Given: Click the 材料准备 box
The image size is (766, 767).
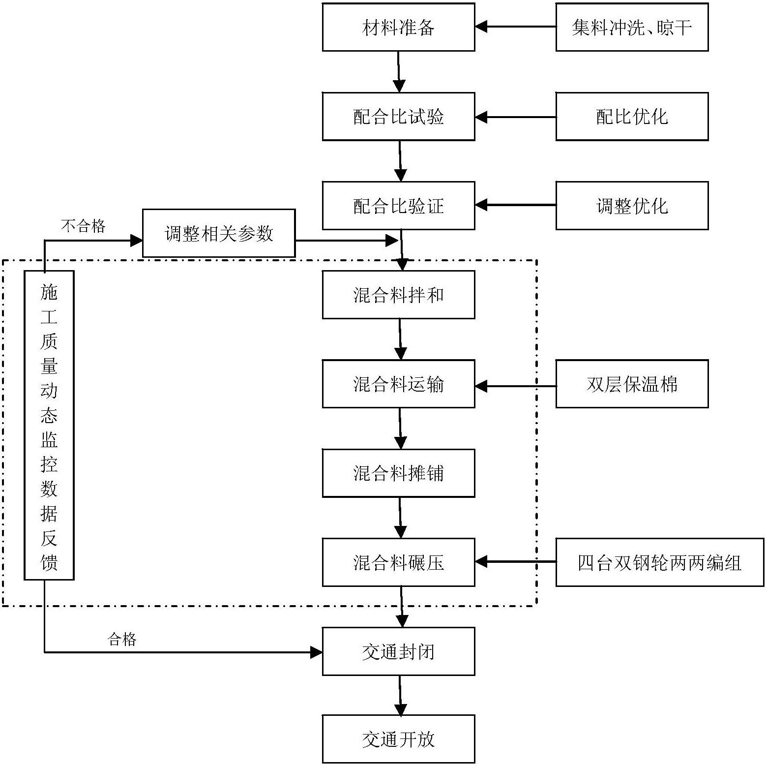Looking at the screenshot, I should point(398,27).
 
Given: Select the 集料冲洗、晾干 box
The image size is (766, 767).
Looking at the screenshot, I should point(632,27).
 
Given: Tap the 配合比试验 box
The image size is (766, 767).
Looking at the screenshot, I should point(398,117).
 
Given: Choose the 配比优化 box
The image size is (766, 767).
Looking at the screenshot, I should point(632,117).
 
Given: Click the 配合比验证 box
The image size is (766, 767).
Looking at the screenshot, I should point(398,206).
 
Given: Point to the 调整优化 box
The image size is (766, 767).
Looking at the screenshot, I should point(632,206).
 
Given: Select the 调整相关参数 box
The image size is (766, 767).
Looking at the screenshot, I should point(219,233).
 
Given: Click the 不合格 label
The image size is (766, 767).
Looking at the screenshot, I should point(83,226).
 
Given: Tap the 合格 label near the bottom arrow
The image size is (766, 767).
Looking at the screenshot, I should point(121,640).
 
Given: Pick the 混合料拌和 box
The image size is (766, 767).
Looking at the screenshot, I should point(398,295).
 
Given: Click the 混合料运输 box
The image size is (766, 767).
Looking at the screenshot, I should point(398,384).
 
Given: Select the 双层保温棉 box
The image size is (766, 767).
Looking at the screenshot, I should point(632,384).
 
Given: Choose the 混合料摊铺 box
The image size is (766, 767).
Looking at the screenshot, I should point(398,473).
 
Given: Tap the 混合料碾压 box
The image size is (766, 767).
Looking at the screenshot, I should point(398,562).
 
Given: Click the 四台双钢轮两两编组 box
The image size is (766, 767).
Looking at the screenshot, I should point(659,562).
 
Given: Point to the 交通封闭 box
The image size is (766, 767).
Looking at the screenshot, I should point(398,651).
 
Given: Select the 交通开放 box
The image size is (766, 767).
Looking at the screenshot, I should point(398,739).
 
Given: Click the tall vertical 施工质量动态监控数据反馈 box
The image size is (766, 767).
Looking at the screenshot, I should point(49,425).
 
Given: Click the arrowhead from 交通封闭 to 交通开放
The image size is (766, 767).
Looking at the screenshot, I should point(401,709).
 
